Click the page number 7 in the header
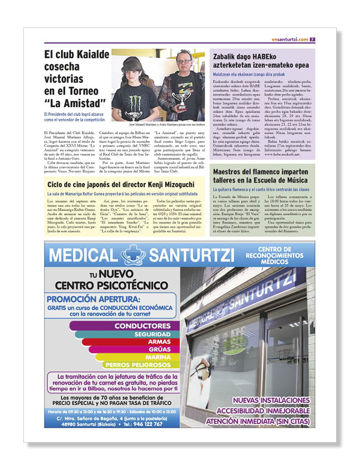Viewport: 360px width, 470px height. (x=313, y=39)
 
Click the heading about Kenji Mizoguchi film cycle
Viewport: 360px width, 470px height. (x=120, y=184)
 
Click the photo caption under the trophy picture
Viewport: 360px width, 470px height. (x=157, y=124)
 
